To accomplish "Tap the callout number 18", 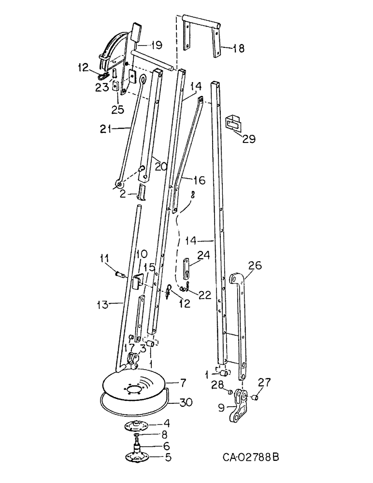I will pos(238,48).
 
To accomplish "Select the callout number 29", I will pos(249,139).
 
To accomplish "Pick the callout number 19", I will pos(155,45).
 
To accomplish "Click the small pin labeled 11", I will pos(121,275).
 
